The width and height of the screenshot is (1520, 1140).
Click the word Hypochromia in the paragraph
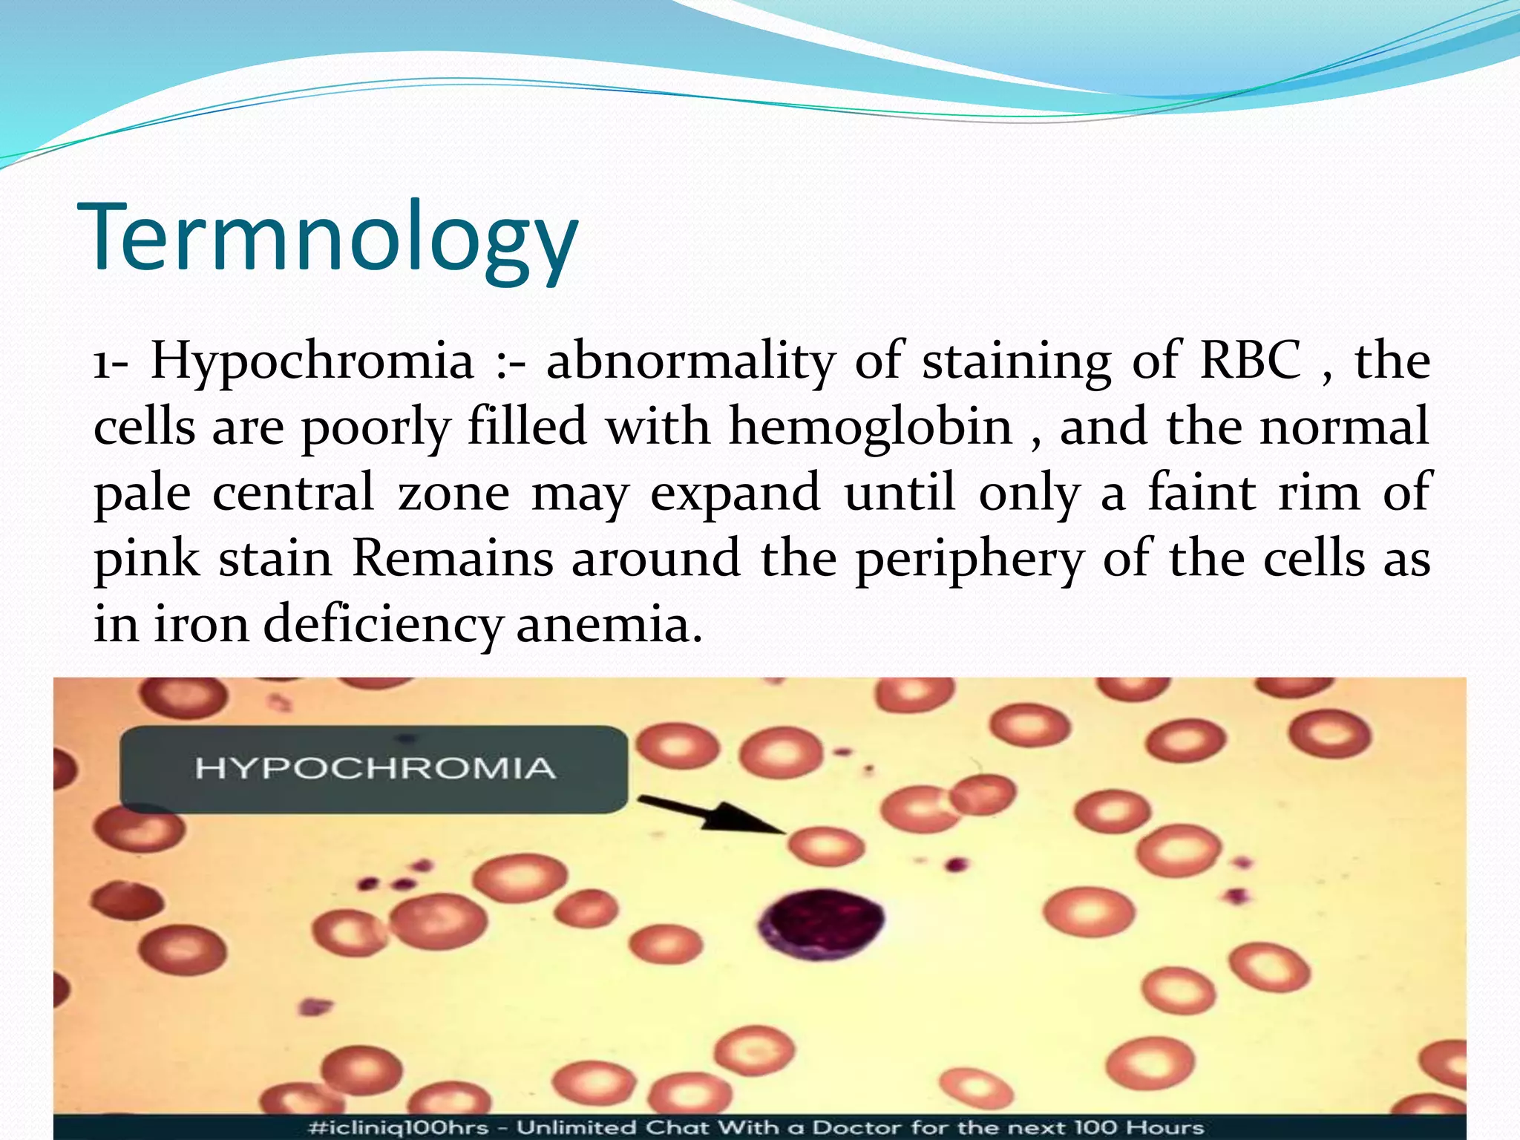coord(312,362)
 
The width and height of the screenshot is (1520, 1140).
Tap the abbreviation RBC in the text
coord(1251,361)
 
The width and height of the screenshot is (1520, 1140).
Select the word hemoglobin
coord(871,427)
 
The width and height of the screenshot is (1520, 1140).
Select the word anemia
coord(609,625)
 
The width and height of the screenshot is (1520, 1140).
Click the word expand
coord(735,494)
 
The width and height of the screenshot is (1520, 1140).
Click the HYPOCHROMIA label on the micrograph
coord(375,768)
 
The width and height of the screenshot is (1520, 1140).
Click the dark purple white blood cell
coord(822,923)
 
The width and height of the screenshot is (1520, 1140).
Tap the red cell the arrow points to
coord(825,846)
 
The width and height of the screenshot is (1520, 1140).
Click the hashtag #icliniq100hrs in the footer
coord(398,1127)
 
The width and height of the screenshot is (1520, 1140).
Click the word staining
coord(1017,362)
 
